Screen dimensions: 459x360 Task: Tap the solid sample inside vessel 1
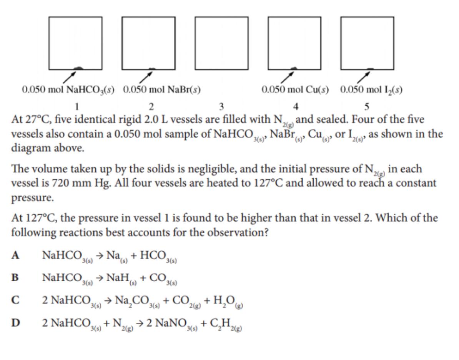tap(78, 68)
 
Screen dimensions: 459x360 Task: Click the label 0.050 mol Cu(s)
tap(295, 90)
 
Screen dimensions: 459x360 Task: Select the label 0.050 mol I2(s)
tap(371, 90)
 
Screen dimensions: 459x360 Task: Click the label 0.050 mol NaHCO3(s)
tap(68, 90)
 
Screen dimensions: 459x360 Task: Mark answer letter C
tap(15, 300)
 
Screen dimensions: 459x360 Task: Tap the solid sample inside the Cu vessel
tap(294, 68)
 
